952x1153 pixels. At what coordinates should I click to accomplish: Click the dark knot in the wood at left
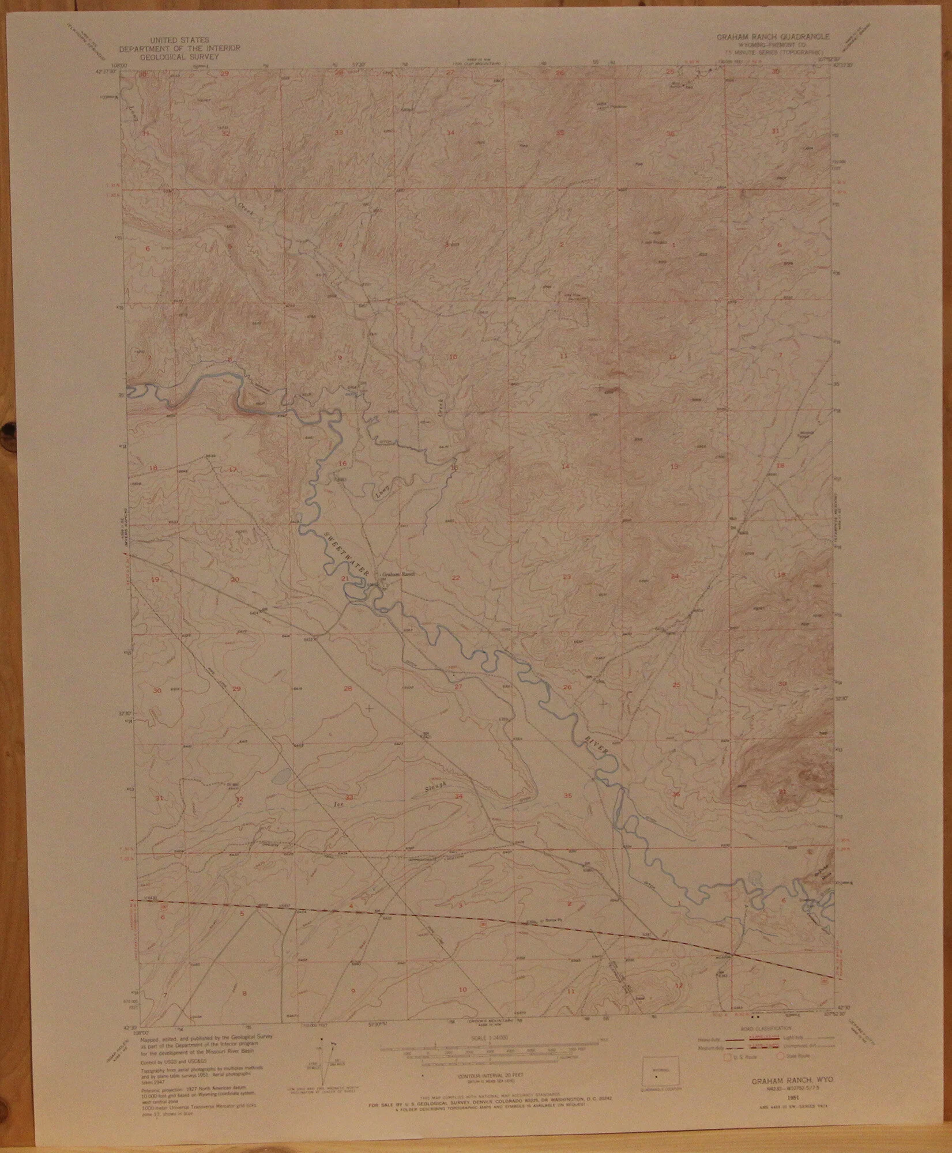(x=8, y=429)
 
